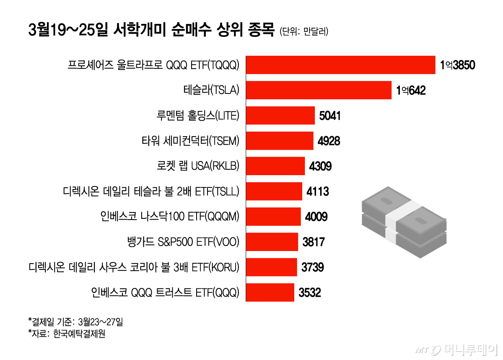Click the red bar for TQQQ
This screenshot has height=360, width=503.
[x=340, y=65]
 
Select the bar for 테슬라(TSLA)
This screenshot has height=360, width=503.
[x=319, y=90]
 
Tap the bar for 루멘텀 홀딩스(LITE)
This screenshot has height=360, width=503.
[x=280, y=116]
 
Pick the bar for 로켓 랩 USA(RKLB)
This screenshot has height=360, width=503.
[x=275, y=166]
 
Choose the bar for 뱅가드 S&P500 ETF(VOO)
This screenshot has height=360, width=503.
[x=272, y=242]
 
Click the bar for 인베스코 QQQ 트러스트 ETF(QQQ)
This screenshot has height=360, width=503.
[x=270, y=292]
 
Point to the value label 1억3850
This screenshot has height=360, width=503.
[x=457, y=65]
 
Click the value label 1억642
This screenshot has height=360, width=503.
[x=411, y=91]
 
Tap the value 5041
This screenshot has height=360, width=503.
[x=330, y=116]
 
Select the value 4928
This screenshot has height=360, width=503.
[x=329, y=141]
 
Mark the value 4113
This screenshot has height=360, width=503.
[x=318, y=192]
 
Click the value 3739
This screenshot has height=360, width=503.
[x=312, y=267]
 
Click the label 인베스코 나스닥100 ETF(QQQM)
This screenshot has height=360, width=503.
[x=170, y=217]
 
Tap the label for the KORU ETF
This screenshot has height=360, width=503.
[x=134, y=267]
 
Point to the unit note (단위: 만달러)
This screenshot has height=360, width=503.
[x=304, y=31]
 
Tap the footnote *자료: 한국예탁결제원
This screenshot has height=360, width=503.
[x=66, y=334]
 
